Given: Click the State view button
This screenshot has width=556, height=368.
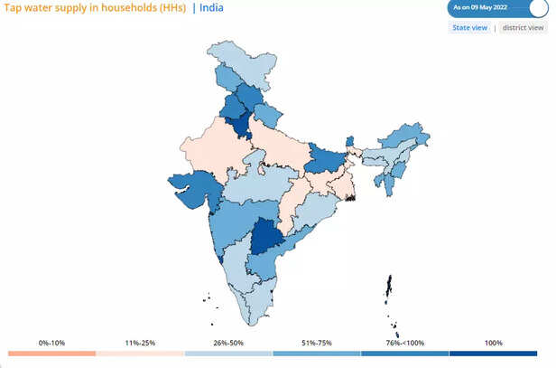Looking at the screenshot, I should click(470, 28).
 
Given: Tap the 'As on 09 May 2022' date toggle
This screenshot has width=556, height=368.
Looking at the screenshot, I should click(496, 8).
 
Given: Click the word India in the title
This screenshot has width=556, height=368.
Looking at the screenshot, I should click(211, 8).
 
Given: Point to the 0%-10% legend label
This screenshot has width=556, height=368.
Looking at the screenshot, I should click(52, 343).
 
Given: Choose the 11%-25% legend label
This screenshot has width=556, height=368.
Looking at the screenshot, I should click(141, 343).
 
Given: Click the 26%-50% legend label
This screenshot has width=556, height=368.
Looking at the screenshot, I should click(229, 343).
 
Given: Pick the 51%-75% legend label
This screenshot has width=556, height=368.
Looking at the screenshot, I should click(317, 343).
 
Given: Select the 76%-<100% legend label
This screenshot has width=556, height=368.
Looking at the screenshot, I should click(405, 343).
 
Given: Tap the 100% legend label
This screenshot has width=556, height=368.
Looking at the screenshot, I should click(494, 343).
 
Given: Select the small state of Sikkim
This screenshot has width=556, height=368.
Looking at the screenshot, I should click(350, 141).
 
